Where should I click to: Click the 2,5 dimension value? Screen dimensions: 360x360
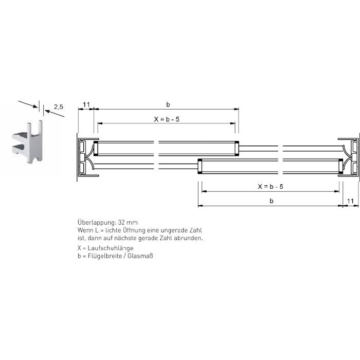click(x=59, y=107)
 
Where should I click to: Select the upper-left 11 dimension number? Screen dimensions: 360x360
click(x=86, y=105)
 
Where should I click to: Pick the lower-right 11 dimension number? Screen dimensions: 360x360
click(x=350, y=201)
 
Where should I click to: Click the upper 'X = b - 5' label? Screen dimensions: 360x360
click(x=167, y=119)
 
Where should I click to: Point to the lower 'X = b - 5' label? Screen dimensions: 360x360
click(x=271, y=186)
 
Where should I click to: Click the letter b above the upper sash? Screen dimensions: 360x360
click(x=168, y=105)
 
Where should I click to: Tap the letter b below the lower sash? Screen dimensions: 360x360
click(x=272, y=201)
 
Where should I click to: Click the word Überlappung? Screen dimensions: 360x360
click(x=97, y=223)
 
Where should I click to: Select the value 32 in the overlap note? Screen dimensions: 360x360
click(x=121, y=223)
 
